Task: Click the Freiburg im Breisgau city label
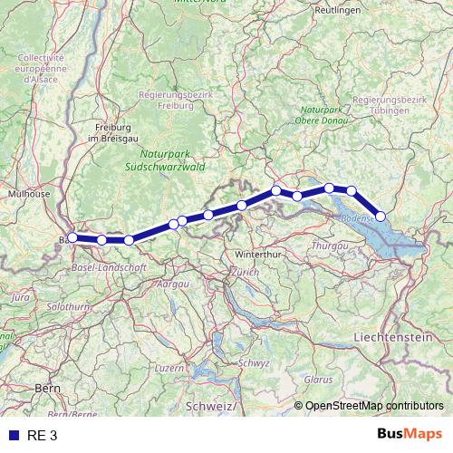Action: (x=115, y=132)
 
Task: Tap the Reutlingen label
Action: (x=337, y=10)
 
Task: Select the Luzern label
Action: (x=169, y=368)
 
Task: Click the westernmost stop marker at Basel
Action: (x=72, y=237)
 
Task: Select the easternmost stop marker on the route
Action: (x=381, y=216)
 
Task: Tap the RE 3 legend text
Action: (x=41, y=435)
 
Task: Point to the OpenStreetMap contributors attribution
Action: (x=375, y=405)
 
